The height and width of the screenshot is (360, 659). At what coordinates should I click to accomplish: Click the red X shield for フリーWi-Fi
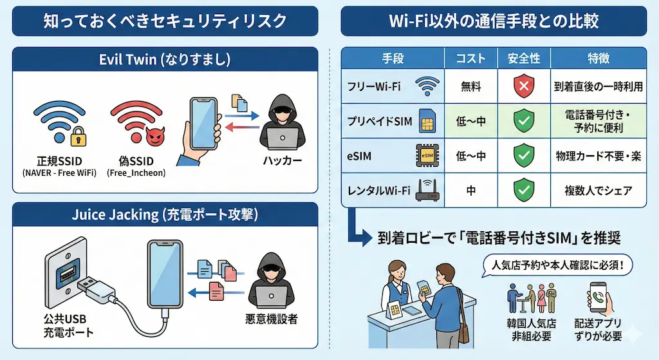(524, 86)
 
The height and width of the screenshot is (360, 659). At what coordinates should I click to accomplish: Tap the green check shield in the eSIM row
(524, 155)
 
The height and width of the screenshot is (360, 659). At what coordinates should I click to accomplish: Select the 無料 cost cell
(470, 86)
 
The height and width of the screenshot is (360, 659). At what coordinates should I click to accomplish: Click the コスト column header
(470, 59)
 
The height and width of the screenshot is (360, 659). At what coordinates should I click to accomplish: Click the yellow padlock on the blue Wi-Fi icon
(78, 137)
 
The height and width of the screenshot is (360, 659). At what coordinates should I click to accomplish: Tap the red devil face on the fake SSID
(154, 137)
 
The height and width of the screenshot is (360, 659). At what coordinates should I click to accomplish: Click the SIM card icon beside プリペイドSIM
(427, 121)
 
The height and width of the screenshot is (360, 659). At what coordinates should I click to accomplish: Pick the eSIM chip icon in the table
(427, 155)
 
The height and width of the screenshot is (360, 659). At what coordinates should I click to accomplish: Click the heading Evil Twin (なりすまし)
(165, 59)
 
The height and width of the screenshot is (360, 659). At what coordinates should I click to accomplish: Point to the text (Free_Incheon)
(136, 173)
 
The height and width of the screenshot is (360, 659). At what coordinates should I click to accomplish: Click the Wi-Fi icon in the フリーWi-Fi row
(427, 86)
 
